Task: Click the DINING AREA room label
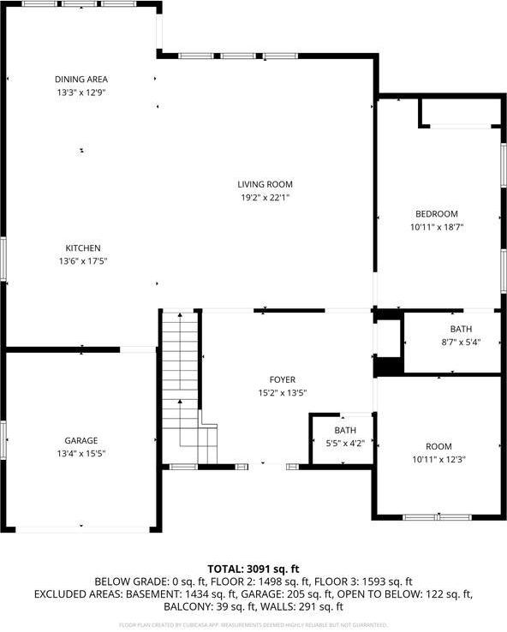click(x=81, y=80)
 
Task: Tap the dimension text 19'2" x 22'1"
click(x=265, y=198)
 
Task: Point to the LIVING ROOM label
click(x=265, y=184)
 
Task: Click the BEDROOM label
click(x=437, y=214)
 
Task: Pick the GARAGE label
click(x=81, y=440)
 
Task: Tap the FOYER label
click(x=282, y=379)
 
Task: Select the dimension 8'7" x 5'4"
click(x=461, y=343)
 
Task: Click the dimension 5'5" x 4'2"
click(x=345, y=443)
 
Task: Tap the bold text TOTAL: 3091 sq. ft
click(x=254, y=568)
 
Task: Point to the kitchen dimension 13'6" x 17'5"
click(x=82, y=261)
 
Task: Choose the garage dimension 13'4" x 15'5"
click(x=81, y=453)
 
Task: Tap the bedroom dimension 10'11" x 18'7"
click(x=437, y=227)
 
